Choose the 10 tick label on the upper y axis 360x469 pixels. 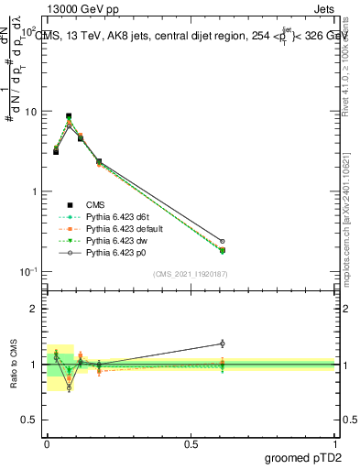(x=31, y=112)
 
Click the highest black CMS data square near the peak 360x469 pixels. (x=69, y=116)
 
